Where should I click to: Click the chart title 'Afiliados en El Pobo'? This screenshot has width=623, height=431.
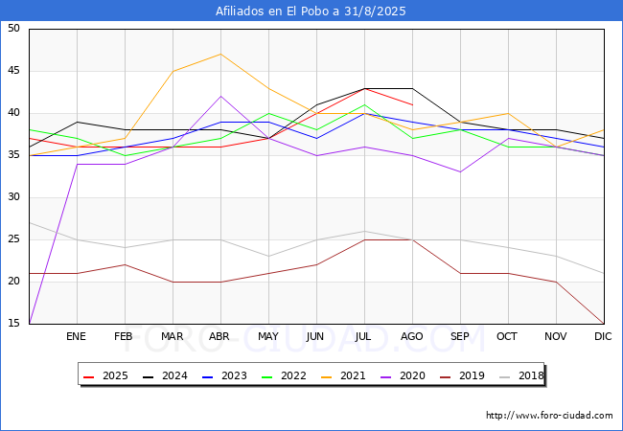[x=311, y=11]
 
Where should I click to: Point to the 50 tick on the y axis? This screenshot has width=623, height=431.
[x=13, y=29]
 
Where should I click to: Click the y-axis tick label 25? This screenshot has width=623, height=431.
[x=13, y=239]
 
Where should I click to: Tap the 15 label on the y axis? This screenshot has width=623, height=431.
[x=13, y=324]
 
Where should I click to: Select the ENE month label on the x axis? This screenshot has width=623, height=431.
[x=77, y=337]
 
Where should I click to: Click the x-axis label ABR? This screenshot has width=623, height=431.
[x=220, y=337]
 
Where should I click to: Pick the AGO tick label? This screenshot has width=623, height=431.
[x=412, y=337]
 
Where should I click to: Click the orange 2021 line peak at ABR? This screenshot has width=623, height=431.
[x=220, y=54]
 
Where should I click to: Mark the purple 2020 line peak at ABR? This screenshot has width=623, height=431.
[x=220, y=96]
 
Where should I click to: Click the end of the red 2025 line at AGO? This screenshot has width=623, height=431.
[x=412, y=104]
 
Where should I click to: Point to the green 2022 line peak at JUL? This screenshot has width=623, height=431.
[x=364, y=104]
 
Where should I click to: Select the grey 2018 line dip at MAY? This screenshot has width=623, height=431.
[x=268, y=257]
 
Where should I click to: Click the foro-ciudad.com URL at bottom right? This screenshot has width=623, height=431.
[x=549, y=416]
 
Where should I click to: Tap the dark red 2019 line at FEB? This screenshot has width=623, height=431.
[x=125, y=264]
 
